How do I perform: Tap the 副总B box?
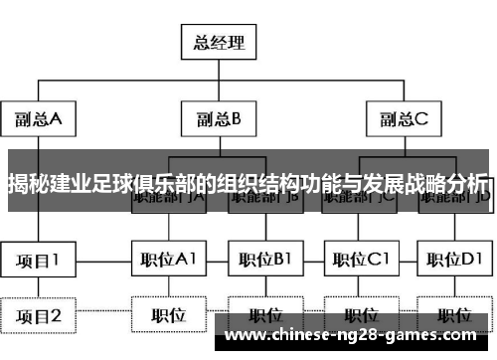pos(218,119)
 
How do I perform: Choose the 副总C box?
pos(404,119)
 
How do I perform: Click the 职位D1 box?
pos(455,261)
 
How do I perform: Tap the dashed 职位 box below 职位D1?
pos(455,315)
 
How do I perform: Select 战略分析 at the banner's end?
pos(447,185)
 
